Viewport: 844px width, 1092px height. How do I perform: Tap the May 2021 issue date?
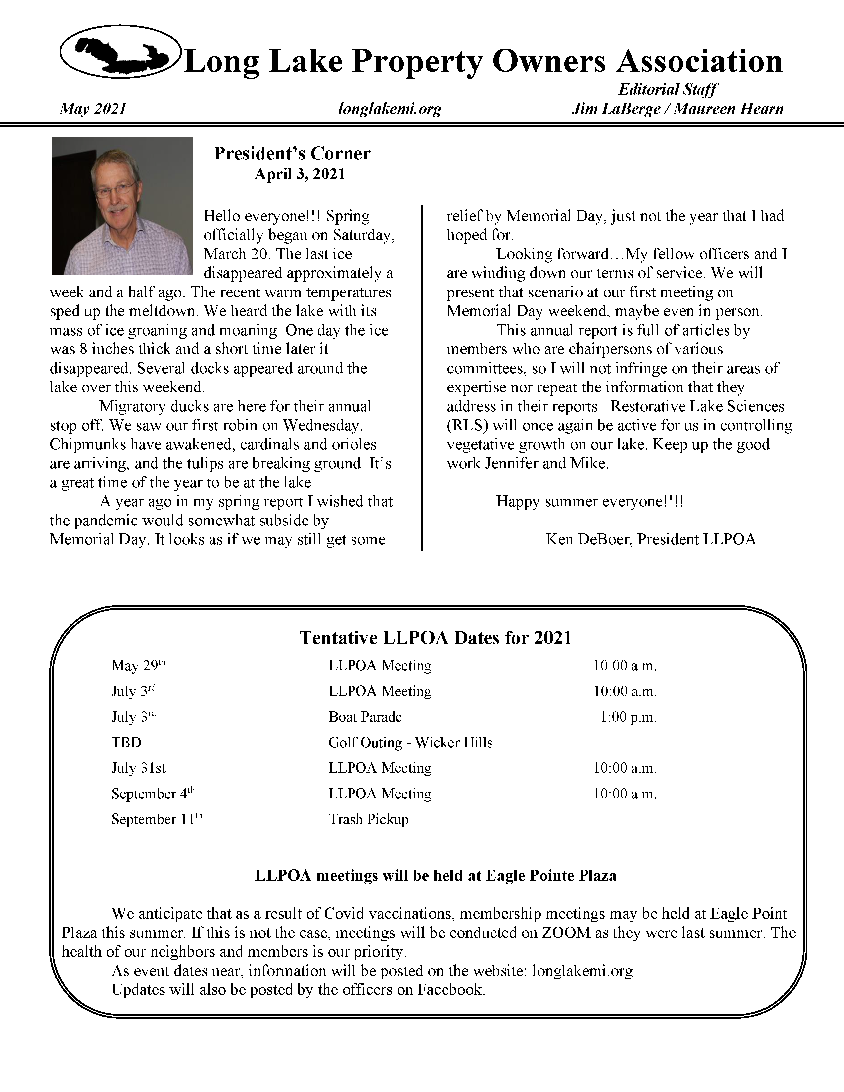[x=93, y=109]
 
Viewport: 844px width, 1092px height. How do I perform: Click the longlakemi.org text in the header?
[x=390, y=109]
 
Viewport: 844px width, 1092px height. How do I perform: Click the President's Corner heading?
[x=292, y=153]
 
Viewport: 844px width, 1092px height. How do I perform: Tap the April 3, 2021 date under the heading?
[x=300, y=174]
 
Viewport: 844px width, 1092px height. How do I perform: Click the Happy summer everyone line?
[x=589, y=502]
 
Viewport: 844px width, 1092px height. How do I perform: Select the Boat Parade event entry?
[x=365, y=717]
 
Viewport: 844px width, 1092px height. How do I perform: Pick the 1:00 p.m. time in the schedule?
[x=629, y=717]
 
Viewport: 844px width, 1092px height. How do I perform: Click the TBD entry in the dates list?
[x=126, y=743]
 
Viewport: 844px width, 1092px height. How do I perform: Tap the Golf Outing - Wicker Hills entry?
[x=410, y=743]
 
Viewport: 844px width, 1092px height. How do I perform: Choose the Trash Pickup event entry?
[x=368, y=820]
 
